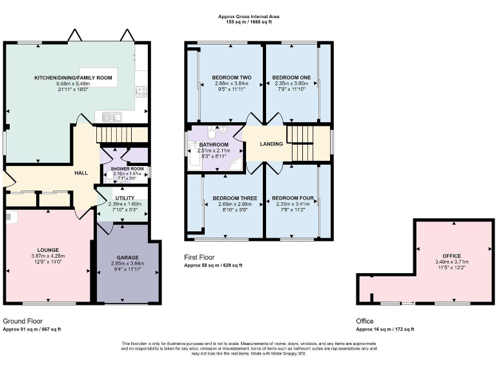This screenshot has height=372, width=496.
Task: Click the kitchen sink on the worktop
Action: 111,117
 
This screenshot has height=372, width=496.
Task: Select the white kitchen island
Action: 96,74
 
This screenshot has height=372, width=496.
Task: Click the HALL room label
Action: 81,172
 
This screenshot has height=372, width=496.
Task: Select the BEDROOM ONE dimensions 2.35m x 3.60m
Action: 292,83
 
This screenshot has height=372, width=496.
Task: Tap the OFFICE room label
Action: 451,256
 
